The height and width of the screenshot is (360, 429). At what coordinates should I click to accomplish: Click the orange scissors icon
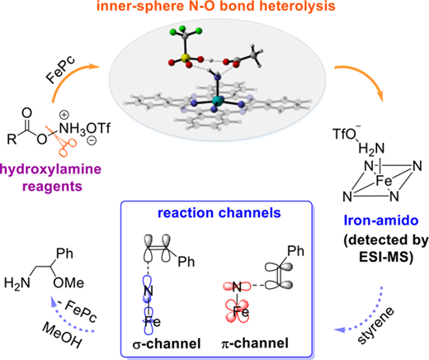(x=64, y=140)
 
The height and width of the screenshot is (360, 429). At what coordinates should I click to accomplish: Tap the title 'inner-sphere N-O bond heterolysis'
(x=216, y=6)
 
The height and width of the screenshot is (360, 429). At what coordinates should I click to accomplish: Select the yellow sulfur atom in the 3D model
(x=185, y=58)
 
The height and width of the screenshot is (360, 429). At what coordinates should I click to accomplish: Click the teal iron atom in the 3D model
(x=219, y=101)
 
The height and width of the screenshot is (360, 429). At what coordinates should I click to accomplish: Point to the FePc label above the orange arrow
(x=60, y=70)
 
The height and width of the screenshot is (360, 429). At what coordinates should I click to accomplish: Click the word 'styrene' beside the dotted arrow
(x=376, y=326)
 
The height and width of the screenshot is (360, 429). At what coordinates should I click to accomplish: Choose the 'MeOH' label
(x=62, y=335)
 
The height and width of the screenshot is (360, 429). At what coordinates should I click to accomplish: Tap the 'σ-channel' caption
(x=167, y=343)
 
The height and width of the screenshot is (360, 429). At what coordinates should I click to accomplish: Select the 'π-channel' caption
(x=255, y=343)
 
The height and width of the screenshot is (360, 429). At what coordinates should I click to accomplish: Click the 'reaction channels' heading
(x=219, y=213)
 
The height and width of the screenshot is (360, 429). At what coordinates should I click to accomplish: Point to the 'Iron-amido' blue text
(x=381, y=220)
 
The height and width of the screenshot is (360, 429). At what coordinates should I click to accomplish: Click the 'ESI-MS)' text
(x=386, y=258)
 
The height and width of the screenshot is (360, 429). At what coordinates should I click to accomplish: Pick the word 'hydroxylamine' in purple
(x=50, y=169)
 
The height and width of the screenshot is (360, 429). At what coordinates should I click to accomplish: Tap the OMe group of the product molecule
(x=68, y=283)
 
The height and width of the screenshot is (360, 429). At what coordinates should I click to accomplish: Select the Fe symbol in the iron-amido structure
(x=384, y=182)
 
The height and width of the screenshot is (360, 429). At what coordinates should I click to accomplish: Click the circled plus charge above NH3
(x=64, y=115)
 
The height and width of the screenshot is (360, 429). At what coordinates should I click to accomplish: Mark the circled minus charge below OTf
(x=92, y=141)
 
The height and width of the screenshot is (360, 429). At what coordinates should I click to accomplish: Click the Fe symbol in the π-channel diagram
(x=241, y=312)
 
